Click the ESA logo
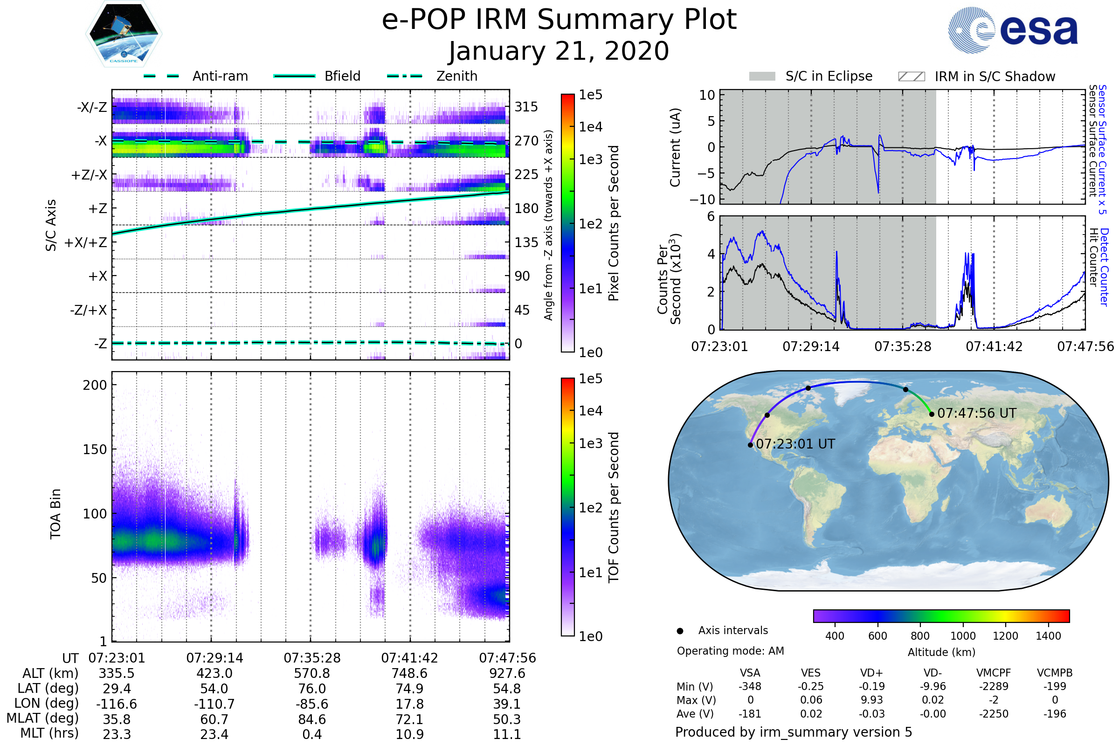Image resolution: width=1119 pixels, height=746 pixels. coord(1013,30)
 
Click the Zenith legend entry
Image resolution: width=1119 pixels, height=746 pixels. coord(433,76)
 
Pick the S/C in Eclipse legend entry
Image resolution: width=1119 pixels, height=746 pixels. coord(811,76)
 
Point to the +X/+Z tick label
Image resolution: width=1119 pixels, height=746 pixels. coord(86,242)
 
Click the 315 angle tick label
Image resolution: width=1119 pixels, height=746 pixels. coord(526,107)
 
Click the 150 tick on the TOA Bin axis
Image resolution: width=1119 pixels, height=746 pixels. coord(95,449)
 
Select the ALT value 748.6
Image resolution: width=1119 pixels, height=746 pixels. coord(410,674)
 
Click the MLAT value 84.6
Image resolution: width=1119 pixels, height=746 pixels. coord(312,719)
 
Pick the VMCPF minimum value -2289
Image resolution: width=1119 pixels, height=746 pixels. coord(994,686)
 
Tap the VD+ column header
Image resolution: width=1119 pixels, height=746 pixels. coord(871,673)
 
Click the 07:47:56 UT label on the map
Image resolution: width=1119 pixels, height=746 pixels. coord(977,413)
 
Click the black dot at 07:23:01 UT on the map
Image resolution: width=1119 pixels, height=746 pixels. coord(750,445)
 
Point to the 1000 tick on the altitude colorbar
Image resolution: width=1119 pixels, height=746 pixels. coord(963,635)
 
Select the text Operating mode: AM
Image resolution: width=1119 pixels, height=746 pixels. coord(730,651)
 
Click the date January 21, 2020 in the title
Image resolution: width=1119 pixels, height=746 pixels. coord(559,51)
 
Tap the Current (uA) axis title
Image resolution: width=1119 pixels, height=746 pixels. coord(675,147)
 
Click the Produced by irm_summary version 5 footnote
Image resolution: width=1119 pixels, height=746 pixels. coord(794,732)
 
